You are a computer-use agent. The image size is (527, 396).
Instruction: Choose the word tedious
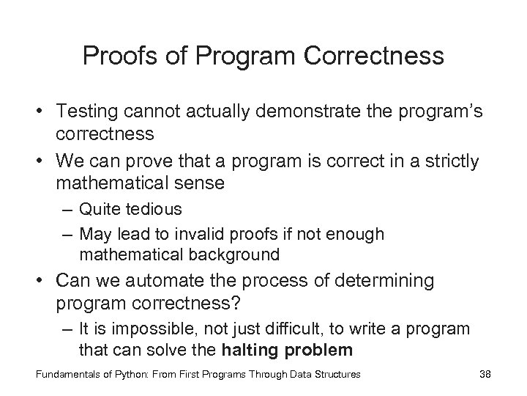click(x=154, y=209)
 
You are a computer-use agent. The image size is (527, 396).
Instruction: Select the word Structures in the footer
click(x=334, y=375)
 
